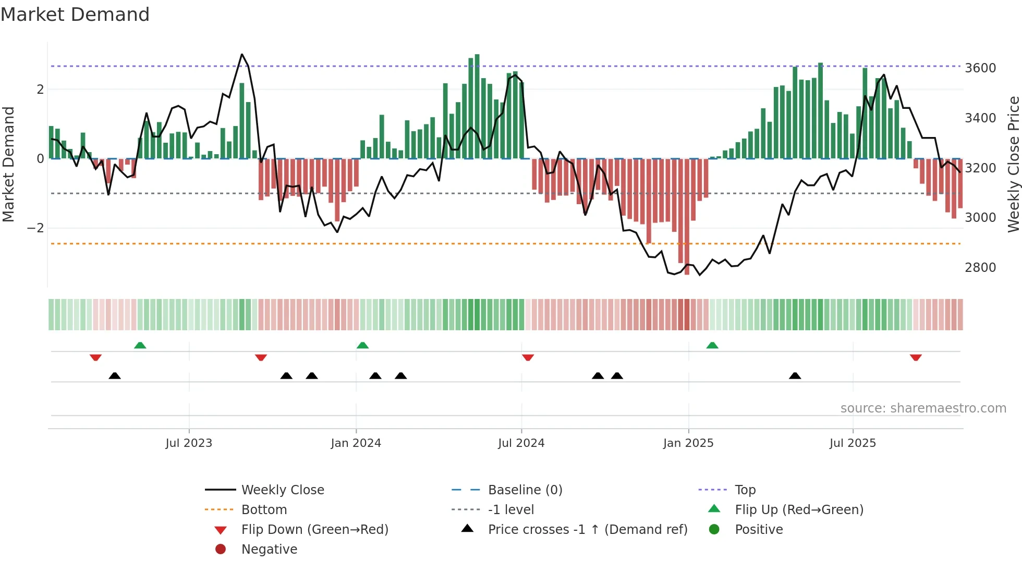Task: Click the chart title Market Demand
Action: coord(75,15)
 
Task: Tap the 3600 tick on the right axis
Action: coord(980,68)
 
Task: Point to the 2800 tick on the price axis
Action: coord(980,268)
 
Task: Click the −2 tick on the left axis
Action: coord(35,228)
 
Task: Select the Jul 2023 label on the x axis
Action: coord(189,443)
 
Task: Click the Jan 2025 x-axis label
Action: coord(688,443)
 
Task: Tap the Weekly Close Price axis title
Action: coord(1013,164)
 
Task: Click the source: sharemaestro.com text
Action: coord(923,408)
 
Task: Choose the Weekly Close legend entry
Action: coord(283,490)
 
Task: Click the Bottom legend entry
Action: coord(264,510)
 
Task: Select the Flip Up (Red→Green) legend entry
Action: coord(799,510)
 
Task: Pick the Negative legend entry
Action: coord(269,550)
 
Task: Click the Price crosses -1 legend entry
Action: coord(588,530)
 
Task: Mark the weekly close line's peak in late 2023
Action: coord(242,55)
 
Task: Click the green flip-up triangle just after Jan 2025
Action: coord(712,345)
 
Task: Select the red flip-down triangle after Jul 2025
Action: coord(916,357)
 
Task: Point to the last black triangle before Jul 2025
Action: coord(795,376)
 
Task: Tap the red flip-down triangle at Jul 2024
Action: coord(528,357)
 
